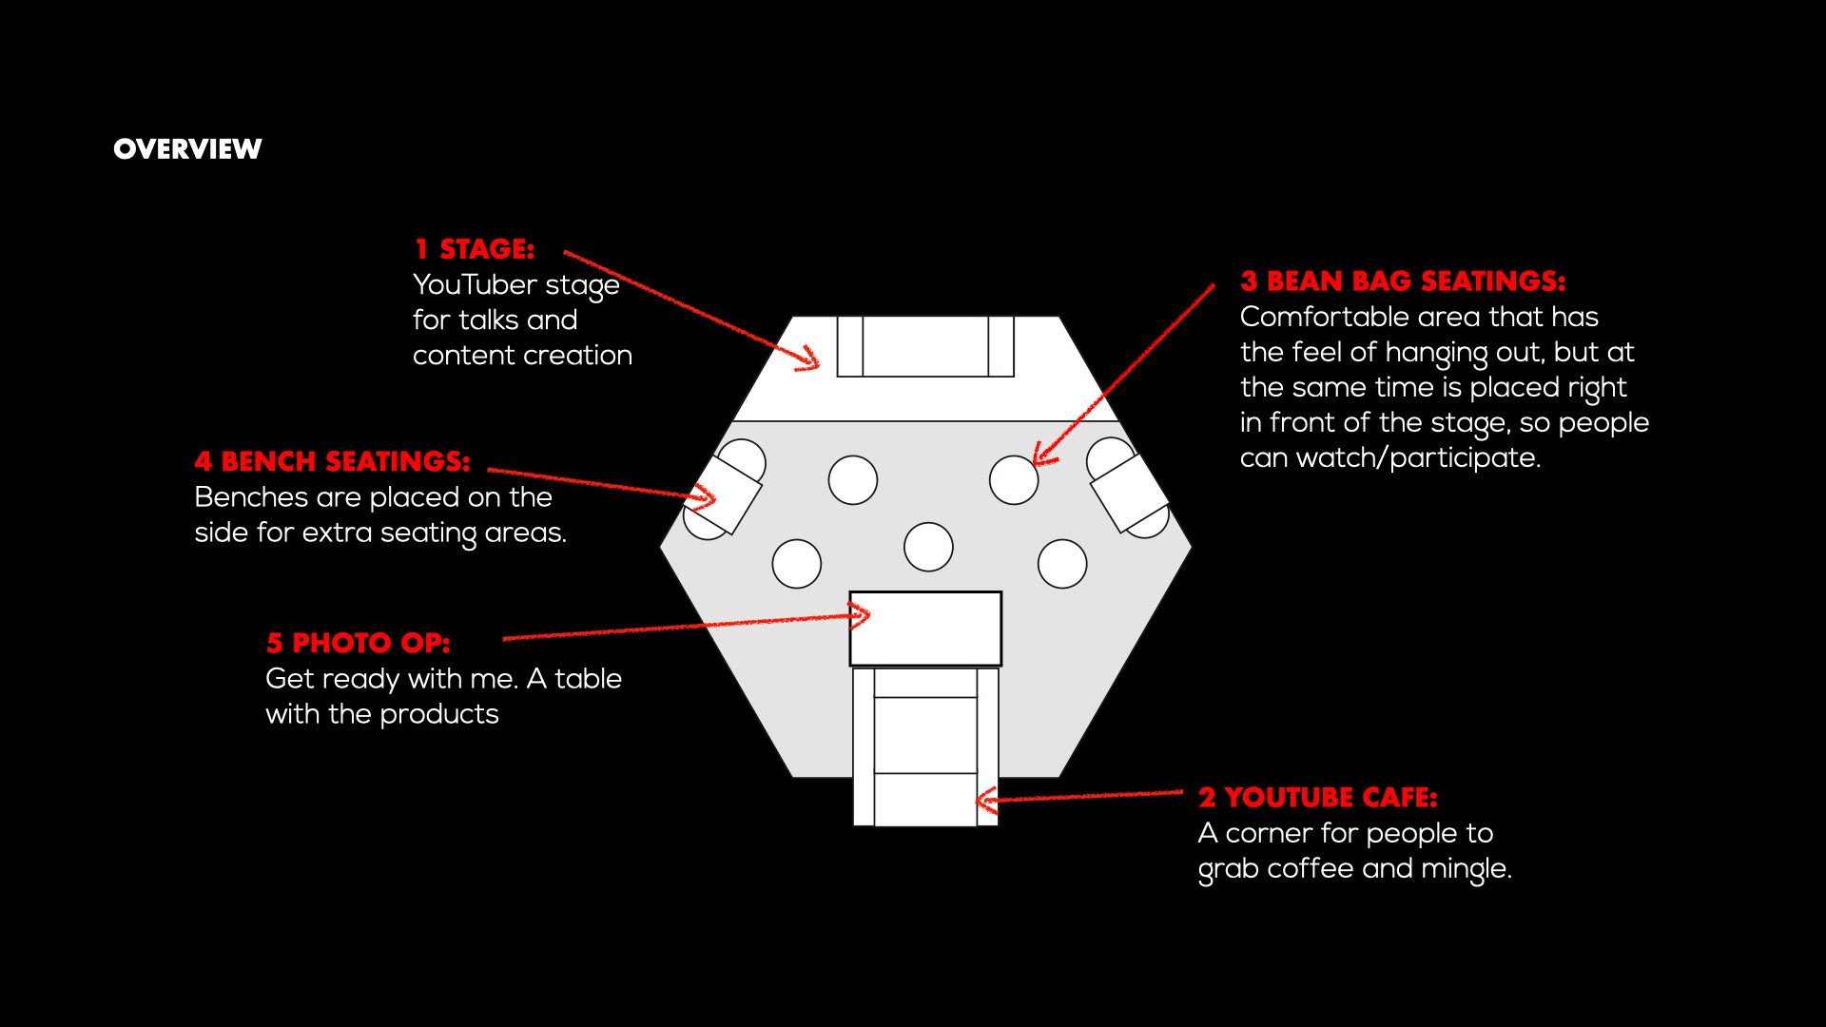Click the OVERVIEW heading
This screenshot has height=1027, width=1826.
click(187, 149)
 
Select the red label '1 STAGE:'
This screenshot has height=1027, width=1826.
click(475, 249)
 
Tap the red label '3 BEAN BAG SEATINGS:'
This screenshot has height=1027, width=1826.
click(1402, 281)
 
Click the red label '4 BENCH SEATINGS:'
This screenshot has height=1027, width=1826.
click(332, 462)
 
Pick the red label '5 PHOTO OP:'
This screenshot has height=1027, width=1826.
click(358, 644)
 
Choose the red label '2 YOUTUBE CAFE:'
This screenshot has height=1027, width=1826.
click(1317, 798)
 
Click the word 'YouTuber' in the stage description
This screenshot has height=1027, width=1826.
click(475, 285)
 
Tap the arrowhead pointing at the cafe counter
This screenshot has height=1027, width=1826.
click(986, 800)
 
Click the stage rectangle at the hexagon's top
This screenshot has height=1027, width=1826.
click(925, 347)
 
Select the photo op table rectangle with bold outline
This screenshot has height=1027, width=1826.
click(925, 629)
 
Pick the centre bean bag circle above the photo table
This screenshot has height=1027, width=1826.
click(928, 547)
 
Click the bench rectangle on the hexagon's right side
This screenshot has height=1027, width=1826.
click(1129, 493)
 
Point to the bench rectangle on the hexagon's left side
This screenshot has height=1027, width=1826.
click(725, 494)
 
